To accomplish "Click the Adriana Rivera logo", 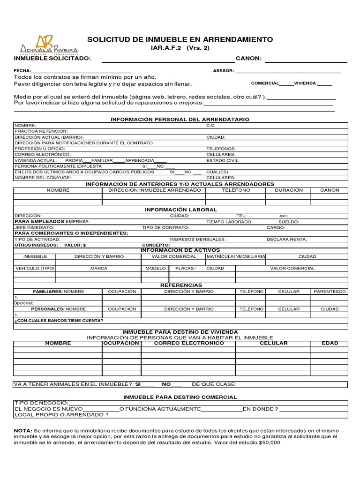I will pos(48,46).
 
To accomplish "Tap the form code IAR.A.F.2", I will pos(166,48).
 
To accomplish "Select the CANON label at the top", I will pos(248,59).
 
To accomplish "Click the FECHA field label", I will pos(22,71).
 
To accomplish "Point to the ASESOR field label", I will pos(223,71).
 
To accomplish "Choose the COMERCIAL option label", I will pos(265,83).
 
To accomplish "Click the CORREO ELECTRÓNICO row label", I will pos(43,154).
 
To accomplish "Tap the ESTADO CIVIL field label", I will pos(223,160).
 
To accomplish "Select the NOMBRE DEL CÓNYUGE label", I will pos(43,178).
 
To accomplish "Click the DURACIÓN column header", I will pos(288,190).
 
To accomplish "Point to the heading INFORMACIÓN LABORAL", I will pos(181,210).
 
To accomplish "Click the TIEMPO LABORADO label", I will pos(229,222).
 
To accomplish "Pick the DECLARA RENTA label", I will pos(287,239).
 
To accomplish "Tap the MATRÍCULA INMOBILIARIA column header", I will pos(236,256).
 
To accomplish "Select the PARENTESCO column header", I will pos(330,292).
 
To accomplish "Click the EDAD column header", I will pos(330,343).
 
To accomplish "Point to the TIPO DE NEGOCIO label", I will pos(41,403).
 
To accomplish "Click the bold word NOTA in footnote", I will pos(23,430).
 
